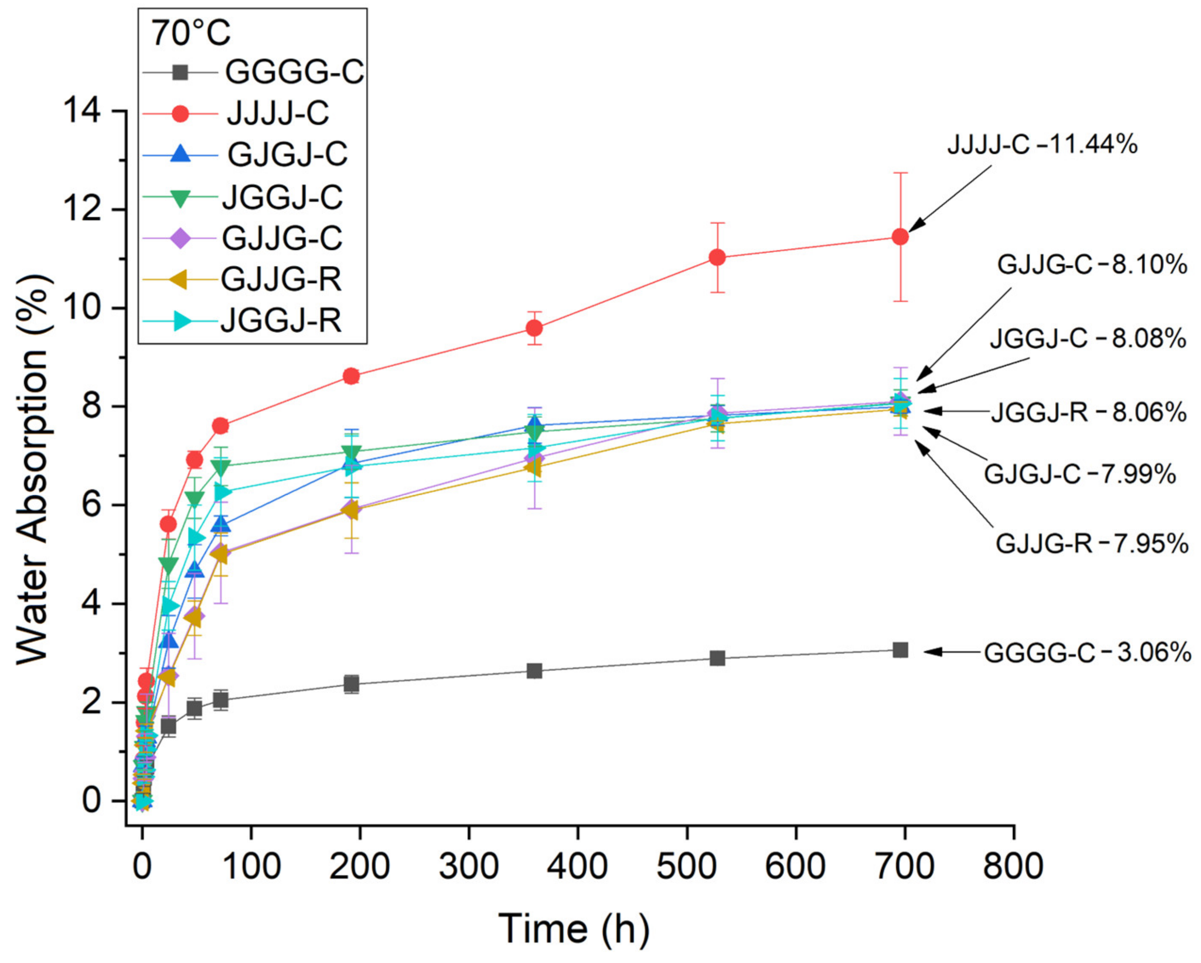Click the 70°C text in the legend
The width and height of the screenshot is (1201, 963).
pyautogui.click(x=191, y=33)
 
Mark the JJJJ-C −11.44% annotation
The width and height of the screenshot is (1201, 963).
pyautogui.click(x=1042, y=145)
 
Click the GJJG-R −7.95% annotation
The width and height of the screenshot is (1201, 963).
pyautogui.click(x=1092, y=544)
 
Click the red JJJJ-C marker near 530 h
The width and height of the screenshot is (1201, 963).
pyautogui.click(x=718, y=257)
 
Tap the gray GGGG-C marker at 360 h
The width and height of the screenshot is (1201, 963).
pyautogui.click(x=534, y=671)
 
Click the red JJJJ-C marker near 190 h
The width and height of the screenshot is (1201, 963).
pyautogui.click(x=351, y=376)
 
